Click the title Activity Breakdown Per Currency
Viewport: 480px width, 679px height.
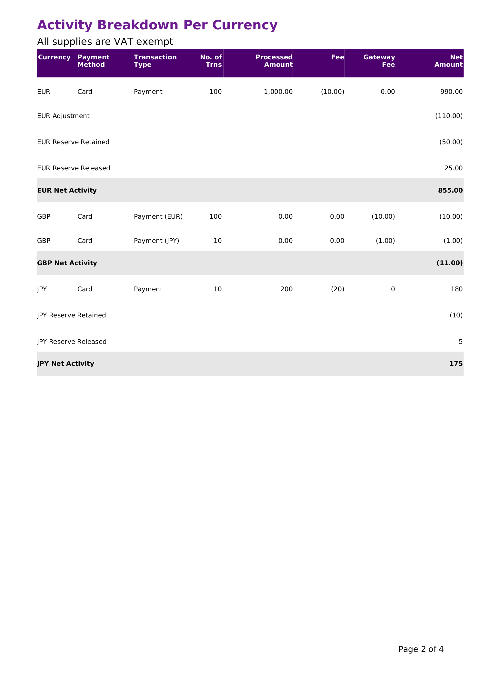coord(157,25)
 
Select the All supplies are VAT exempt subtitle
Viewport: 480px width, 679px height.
coord(105,42)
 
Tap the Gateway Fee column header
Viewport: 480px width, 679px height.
coord(379,61)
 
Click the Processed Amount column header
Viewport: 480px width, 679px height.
coord(274,61)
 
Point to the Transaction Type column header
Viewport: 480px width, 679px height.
coord(155,61)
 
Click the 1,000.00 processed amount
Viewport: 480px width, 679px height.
coord(278,92)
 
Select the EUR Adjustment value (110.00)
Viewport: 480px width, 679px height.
coord(449,116)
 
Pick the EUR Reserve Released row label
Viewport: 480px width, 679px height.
coord(74,168)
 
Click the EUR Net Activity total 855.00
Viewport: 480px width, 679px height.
coord(450,190)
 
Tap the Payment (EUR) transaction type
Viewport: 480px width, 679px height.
coord(158,216)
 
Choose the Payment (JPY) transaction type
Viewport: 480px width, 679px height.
coord(156,241)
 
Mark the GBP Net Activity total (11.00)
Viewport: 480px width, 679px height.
coord(449,263)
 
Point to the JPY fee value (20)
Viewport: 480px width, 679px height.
coord(337,289)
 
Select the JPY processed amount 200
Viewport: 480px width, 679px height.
coord(286,289)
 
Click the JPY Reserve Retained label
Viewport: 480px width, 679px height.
coord(72,315)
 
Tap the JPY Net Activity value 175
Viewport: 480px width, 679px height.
coord(456,364)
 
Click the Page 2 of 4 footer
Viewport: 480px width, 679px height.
coord(421,649)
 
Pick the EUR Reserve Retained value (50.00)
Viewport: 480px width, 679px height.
coord(451,142)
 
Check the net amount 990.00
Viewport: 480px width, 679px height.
coord(451,92)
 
